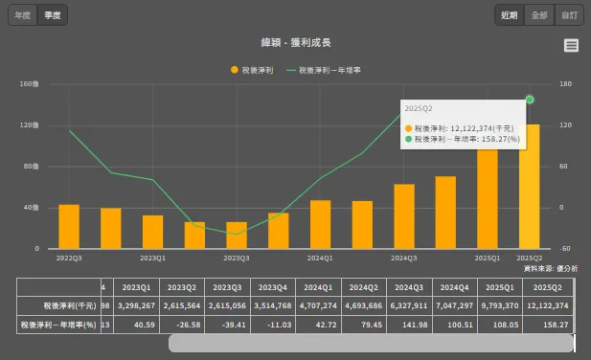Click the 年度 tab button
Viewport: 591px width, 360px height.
coord(22,15)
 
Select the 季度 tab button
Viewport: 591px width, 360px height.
coord(53,15)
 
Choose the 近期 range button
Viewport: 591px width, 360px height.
coord(510,15)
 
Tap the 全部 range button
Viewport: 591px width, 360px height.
coord(539,15)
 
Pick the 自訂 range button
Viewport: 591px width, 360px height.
coord(570,15)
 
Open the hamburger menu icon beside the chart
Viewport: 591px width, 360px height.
coord(571,45)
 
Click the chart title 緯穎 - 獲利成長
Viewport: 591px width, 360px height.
coord(295,43)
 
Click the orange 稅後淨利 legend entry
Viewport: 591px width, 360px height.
coord(253,70)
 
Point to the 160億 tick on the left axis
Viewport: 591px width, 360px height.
coord(29,84)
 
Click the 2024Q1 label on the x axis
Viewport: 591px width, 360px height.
coord(320,259)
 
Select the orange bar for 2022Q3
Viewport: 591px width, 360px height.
coord(69,226)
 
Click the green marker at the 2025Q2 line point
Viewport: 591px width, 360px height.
coord(530,100)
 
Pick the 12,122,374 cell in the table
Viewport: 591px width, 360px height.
coord(548,305)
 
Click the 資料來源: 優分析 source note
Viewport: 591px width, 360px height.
coord(551,269)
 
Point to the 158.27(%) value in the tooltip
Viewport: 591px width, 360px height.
coord(500,139)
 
